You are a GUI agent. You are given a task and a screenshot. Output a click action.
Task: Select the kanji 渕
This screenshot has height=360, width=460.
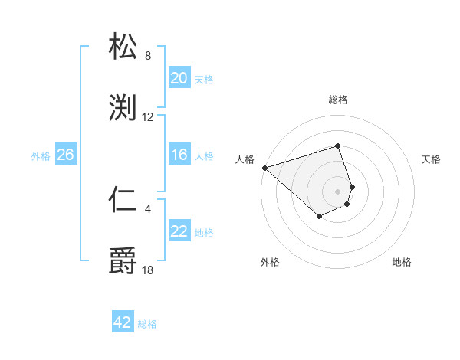click(x=123, y=107)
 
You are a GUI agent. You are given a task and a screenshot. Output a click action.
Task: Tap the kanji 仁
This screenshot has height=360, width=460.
click(x=123, y=200)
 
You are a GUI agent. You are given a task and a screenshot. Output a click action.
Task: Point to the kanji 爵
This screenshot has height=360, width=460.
click(x=123, y=261)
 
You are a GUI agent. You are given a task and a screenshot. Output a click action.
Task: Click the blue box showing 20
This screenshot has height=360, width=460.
click(x=179, y=77)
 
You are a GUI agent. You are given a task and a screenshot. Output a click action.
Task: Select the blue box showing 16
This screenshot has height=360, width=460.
click(x=179, y=155)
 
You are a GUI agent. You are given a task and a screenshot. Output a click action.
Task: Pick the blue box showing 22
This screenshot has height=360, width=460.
click(x=179, y=231)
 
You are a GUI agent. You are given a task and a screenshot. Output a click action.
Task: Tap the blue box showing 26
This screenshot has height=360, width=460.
click(x=65, y=155)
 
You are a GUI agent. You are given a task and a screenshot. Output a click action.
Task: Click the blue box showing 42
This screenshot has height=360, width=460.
click(x=123, y=322)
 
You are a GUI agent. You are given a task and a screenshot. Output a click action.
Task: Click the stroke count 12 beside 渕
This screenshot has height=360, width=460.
click(x=148, y=117)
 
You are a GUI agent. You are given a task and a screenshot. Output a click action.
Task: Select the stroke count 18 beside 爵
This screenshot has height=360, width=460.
click(x=148, y=269)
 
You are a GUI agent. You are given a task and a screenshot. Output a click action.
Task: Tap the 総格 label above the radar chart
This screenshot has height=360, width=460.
click(x=338, y=100)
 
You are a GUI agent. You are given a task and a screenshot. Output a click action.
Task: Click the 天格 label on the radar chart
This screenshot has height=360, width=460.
click(x=431, y=159)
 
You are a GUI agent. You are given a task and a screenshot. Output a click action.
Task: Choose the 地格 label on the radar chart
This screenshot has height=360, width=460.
click(x=402, y=262)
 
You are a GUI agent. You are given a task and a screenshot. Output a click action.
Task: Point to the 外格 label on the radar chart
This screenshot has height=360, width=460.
click(x=270, y=262)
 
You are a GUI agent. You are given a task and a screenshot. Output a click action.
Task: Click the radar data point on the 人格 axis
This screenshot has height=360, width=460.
click(x=264, y=168)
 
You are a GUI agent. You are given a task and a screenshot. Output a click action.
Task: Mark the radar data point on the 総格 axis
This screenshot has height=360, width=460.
click(x=337, y=146)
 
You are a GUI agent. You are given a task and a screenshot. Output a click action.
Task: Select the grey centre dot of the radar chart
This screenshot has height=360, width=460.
click(x=337, y=191)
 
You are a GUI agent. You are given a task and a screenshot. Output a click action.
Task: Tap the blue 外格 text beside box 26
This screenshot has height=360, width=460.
click(x=41, y=155)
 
